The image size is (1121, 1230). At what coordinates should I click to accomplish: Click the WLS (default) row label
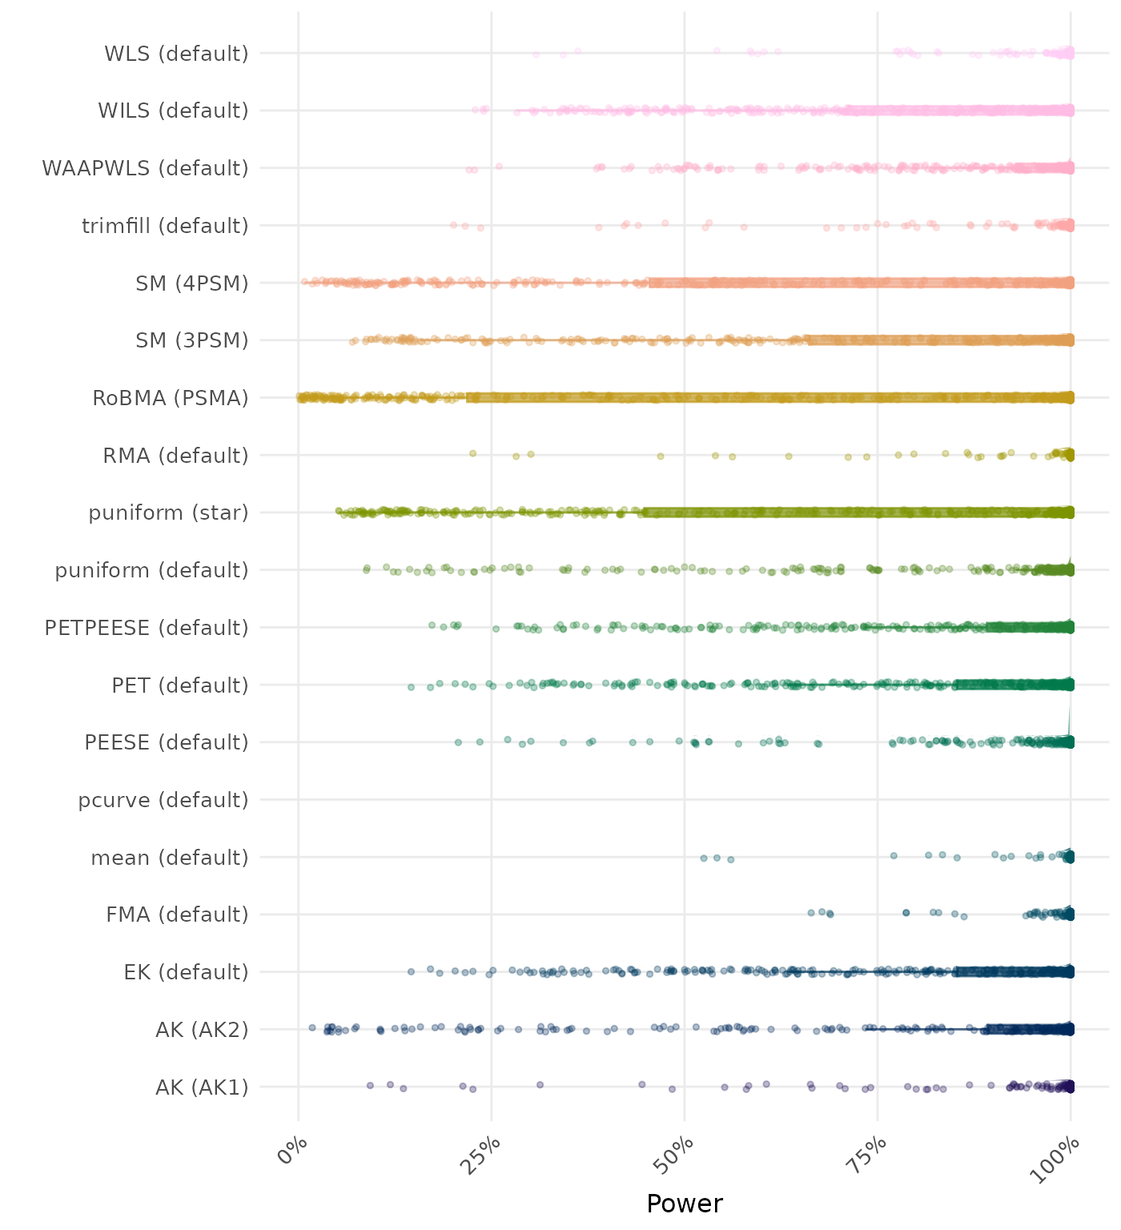[176, 54]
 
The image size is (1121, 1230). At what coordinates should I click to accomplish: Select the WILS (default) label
[173, 111]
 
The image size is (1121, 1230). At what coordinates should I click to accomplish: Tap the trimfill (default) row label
[165, 226]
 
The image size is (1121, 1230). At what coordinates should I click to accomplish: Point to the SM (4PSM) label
[192, 283]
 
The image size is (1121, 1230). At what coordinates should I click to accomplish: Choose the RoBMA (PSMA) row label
[171, 398]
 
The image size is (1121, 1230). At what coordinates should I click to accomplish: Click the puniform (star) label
[168, 512]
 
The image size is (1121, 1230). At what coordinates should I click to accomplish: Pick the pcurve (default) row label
[163, 800]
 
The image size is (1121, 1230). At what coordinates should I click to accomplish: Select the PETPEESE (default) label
[147, 628]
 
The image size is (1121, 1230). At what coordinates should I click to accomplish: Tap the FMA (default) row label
[177, 914]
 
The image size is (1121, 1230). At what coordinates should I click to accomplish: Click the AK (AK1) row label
[202, 1087]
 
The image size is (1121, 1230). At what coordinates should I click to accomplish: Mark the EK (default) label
[186, 972]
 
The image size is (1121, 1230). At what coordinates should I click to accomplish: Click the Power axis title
[685, 1204]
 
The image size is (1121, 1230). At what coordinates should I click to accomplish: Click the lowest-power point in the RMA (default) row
[472, 454]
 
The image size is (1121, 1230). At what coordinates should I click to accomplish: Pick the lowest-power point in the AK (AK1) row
[370, 1085]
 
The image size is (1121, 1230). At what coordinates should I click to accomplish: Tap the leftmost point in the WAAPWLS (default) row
[469, 170]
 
